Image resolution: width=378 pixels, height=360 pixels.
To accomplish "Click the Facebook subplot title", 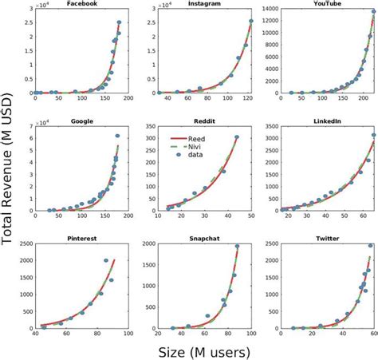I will point(81,4).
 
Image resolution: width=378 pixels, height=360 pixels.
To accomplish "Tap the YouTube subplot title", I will point(328,4).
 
